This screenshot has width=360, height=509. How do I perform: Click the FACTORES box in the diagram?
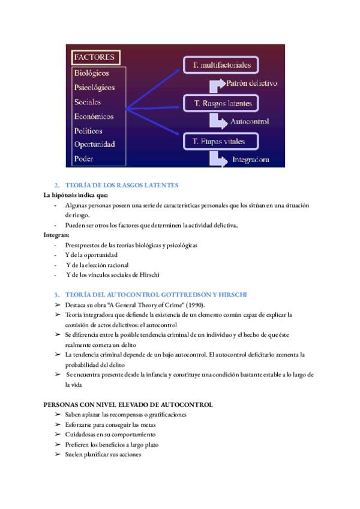(95, 58)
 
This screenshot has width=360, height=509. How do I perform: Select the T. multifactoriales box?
(221, 65)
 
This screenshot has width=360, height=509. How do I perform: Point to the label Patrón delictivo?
(252, 83)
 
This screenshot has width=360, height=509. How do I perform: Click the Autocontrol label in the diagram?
(250, 121)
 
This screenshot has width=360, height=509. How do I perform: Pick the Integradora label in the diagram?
(250, 160)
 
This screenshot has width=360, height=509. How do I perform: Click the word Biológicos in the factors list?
(92, 73)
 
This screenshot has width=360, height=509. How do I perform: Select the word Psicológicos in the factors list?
(95, 88)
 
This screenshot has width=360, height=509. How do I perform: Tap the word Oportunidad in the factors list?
(95, 145)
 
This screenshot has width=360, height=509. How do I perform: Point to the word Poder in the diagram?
(84, 159)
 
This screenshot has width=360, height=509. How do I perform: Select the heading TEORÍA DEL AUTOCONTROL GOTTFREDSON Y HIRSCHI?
(155, 295)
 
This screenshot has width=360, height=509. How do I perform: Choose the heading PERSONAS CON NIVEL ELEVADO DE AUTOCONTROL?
(128, 405)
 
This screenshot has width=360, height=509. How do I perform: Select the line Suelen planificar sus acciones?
(103, 454)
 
